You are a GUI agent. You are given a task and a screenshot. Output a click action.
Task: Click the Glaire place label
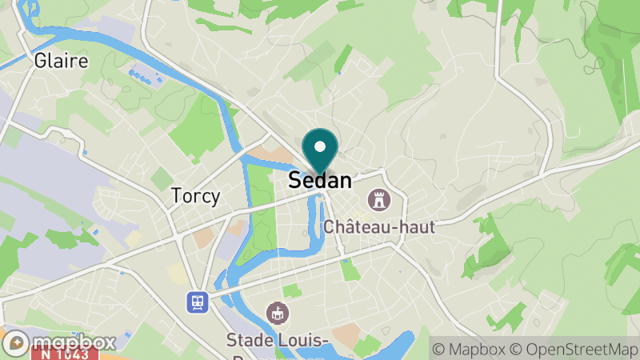pos(61,61)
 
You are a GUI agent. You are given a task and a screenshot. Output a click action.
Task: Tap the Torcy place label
pos(195,196)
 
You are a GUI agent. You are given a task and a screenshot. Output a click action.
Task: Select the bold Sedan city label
pos(320,180)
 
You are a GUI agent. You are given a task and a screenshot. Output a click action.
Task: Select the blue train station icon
pos(198,302)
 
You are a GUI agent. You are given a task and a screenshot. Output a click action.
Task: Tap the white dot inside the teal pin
pos(320,146)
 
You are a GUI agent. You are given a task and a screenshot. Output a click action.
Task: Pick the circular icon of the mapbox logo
pos(18,342)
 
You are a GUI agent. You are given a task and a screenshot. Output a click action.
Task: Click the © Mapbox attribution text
pos(469,349)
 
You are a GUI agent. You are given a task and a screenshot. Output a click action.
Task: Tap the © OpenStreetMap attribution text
pos(573,349)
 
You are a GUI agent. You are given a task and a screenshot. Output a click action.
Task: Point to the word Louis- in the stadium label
pos(304,339)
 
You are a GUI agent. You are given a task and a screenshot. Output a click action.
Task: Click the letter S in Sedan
pos(294,180)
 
